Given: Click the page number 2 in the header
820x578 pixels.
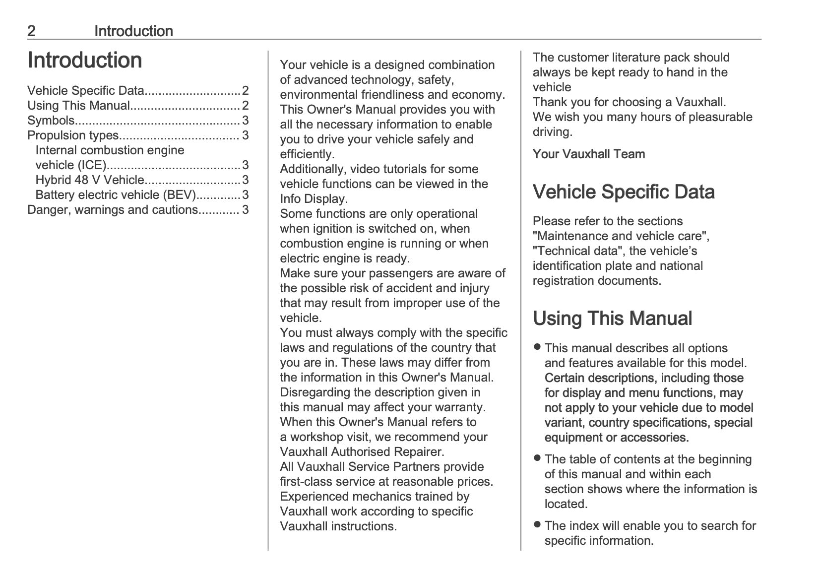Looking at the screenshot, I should [31, 31].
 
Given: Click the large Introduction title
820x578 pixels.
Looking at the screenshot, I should [85, 60].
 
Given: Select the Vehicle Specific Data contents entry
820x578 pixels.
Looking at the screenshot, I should [85, 91].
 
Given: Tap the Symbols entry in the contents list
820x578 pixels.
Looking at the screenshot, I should [51, 121].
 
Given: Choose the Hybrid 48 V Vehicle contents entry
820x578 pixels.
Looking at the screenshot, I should [90, 180].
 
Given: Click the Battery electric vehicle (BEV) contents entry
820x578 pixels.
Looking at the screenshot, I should [116, 195].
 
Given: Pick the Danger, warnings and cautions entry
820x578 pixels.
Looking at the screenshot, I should [113, 210].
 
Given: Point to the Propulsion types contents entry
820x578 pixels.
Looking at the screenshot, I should [73, 135].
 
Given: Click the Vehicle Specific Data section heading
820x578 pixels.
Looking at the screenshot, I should [624, 192].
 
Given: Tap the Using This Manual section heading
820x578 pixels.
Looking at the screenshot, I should [612, 319].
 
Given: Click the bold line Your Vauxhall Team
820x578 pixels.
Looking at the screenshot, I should [589, 154].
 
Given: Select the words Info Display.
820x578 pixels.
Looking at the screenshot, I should [313, 199].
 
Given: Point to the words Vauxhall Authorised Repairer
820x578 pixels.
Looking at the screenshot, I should [362, 452].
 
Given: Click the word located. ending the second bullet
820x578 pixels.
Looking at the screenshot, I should [566, 504].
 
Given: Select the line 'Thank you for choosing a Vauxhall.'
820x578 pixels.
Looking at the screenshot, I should [629, 102].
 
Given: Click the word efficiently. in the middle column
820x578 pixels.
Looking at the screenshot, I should [307, 154].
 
